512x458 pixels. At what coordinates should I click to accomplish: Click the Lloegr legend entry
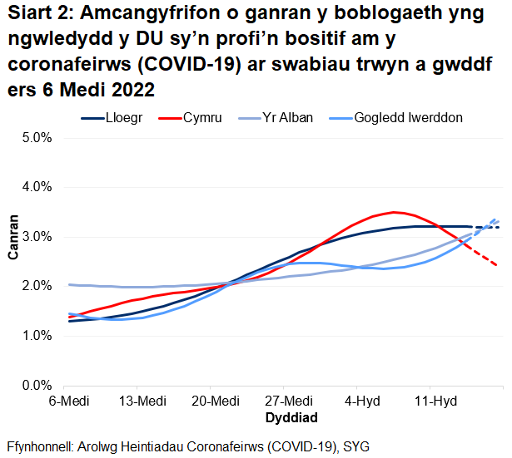(x=125, y=118)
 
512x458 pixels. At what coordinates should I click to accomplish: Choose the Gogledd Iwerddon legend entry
(x=408, y=118)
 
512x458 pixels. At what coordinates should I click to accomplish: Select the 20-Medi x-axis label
(x=211, y=401)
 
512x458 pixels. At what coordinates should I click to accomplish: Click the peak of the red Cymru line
(x=395, y=212)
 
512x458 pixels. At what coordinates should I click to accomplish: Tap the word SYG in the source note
(x=353, y=445)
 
